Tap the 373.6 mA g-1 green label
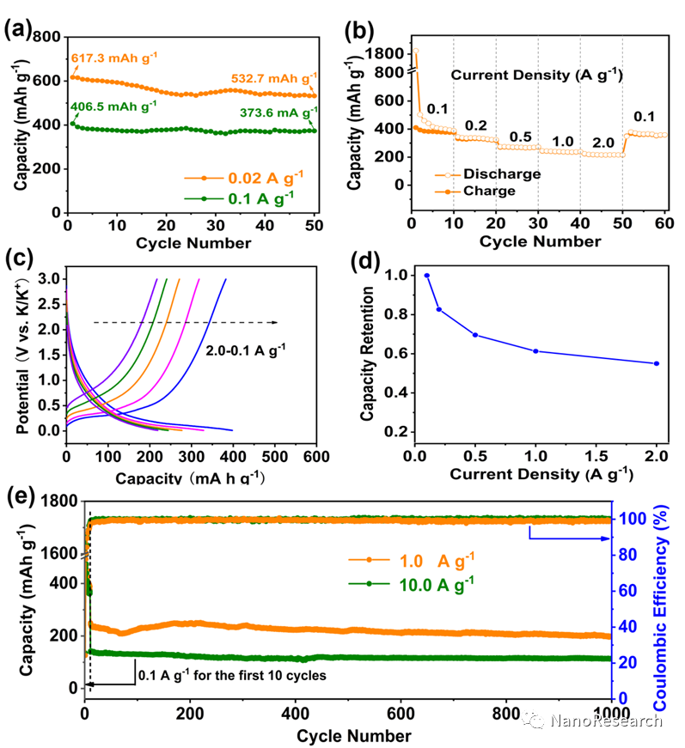tap(274, 111)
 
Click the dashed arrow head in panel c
tap(275, 322)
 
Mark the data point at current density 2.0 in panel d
tap(657, 363)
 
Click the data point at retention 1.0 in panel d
tap(427, 276)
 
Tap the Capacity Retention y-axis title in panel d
tap(367, 352)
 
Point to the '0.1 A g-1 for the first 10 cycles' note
tap(232, 675)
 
